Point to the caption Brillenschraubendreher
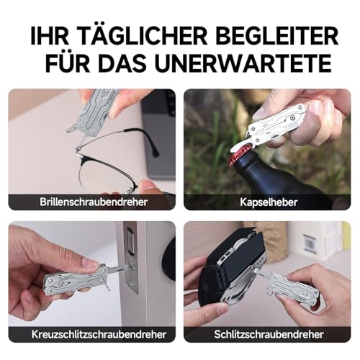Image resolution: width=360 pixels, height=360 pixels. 91,202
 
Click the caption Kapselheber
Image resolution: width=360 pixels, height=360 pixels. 267,202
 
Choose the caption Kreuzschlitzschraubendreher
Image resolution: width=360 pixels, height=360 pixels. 91,335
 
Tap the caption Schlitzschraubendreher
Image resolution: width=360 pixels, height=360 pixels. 267,335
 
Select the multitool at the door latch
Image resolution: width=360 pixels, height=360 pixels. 72,277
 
